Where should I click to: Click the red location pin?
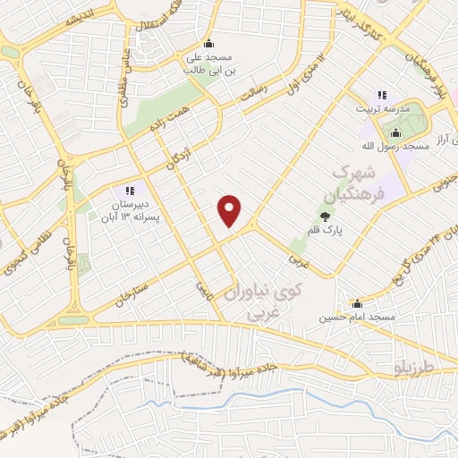pyautogui.click(x=230, y=210)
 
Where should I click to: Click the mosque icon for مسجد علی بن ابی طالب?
pyautogui.click(x=208, y=43)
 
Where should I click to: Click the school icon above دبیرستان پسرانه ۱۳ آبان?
pyautogui.click(x=129, y=191)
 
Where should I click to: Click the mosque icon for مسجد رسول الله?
pyautogui.click(x=396, y=133)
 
